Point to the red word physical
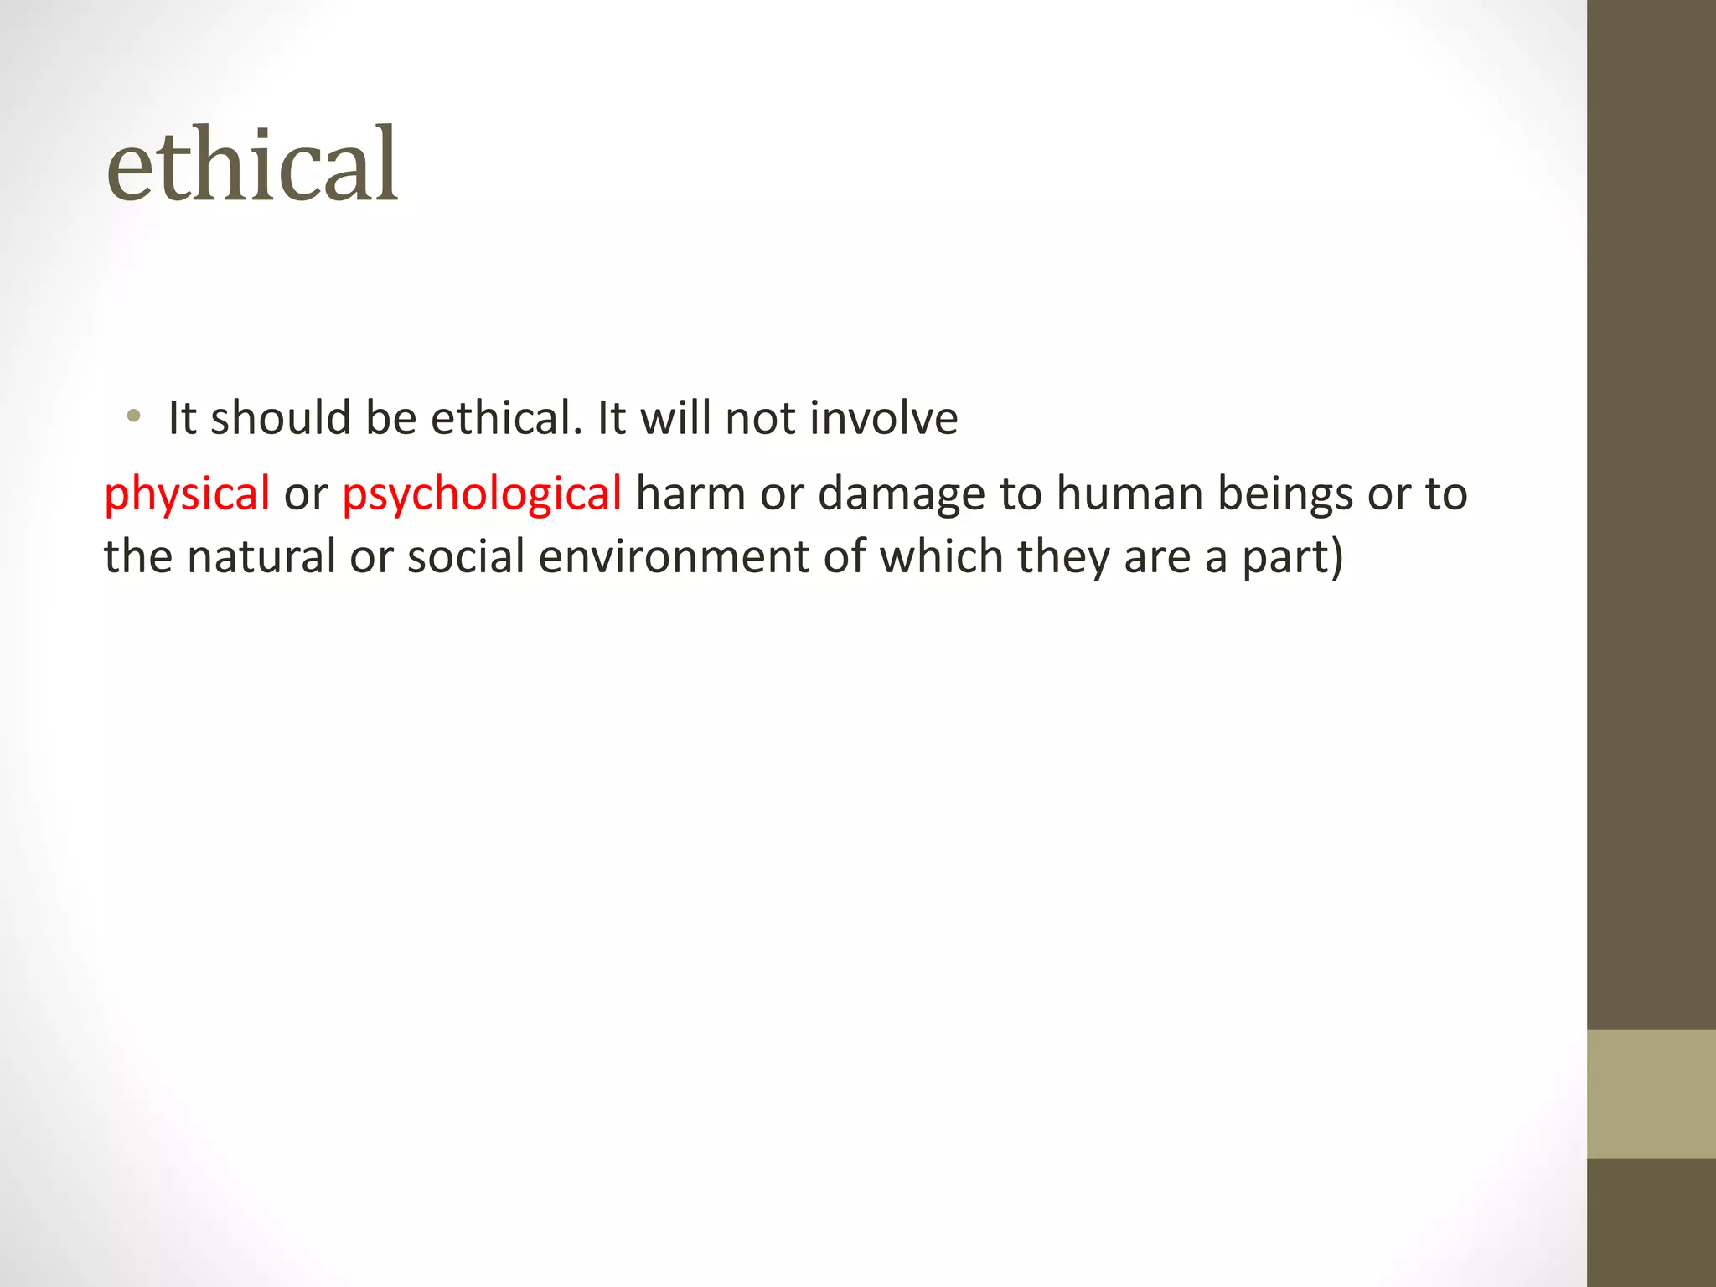(187, 494)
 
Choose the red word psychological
(482, 494)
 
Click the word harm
(690, 493)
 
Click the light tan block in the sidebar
(1651, 1093)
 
